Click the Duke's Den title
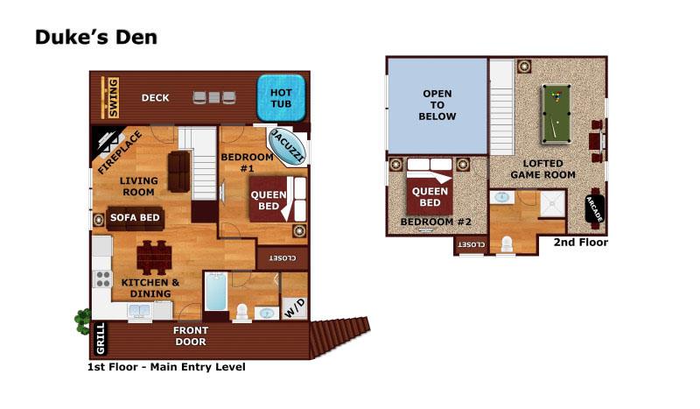pyautogui.click(x=96, y=38)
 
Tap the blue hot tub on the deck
pyautogui.click(x=280, y=97)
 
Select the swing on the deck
pyautogui.click(x=110, y=97)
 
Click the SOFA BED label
pyautogui.click(x=133, y=219)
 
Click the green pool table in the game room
pyautogui.click(x=554, y=113)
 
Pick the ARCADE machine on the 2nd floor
pyautogui.click(x=594, y=211)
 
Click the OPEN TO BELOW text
pyautogui.click(x=438, y=104)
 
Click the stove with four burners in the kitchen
pyautogui.click(x=103, y=279)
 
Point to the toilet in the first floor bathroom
pyautogui.click(x=241, y=311)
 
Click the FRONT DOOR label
pyautogui.click(x=190, y=336)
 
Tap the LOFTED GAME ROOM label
pyautogui.click(x=549, y=169)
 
